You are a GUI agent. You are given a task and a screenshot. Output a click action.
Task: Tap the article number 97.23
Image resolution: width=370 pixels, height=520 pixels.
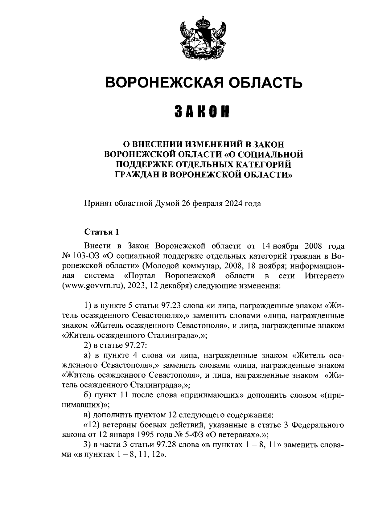click(x=171, y=306)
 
